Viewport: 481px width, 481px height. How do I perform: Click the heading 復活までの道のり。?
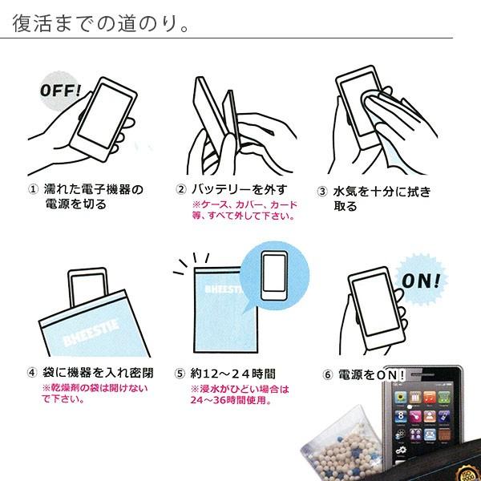pyautogui.click(x=100, y=23)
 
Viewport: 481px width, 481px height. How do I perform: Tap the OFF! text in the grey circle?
pyautogui.click(x=61, y=90)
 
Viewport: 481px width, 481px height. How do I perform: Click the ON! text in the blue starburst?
pyautogui.click(x=421, y=281)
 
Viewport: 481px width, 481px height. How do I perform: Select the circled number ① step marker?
pyautogui.click(x=33, y=189)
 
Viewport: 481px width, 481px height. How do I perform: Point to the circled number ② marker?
pyautogui.click(x=181, y=189)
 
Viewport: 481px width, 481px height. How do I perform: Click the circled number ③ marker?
pyautogui.click(x=322, y=192)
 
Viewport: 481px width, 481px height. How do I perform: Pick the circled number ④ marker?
pyautogui.click(x=32, y=373)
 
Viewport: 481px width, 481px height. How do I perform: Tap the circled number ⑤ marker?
pyautogui.click(x=180, y=374)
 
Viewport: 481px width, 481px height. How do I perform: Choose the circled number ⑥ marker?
pyautogui.click(x=328, y=374)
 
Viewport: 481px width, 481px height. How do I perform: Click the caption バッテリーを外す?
pyautogui.click(x=239, y=189)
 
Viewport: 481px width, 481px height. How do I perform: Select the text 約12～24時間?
pyautogui.click(x=232, y=374)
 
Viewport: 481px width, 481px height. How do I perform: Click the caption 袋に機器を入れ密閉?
pyautogui.click(x=98, y=373)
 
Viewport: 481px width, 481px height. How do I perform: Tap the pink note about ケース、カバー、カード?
pyautogui.click(x=245, y=210)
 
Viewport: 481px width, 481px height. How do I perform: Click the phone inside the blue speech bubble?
pyautogui.click(x=274, y=276)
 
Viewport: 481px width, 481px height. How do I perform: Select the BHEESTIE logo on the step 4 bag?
pyautogui.click(x=91, y=333)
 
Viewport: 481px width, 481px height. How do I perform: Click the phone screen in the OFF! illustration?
pyautogui.click(x=105, y=115)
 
